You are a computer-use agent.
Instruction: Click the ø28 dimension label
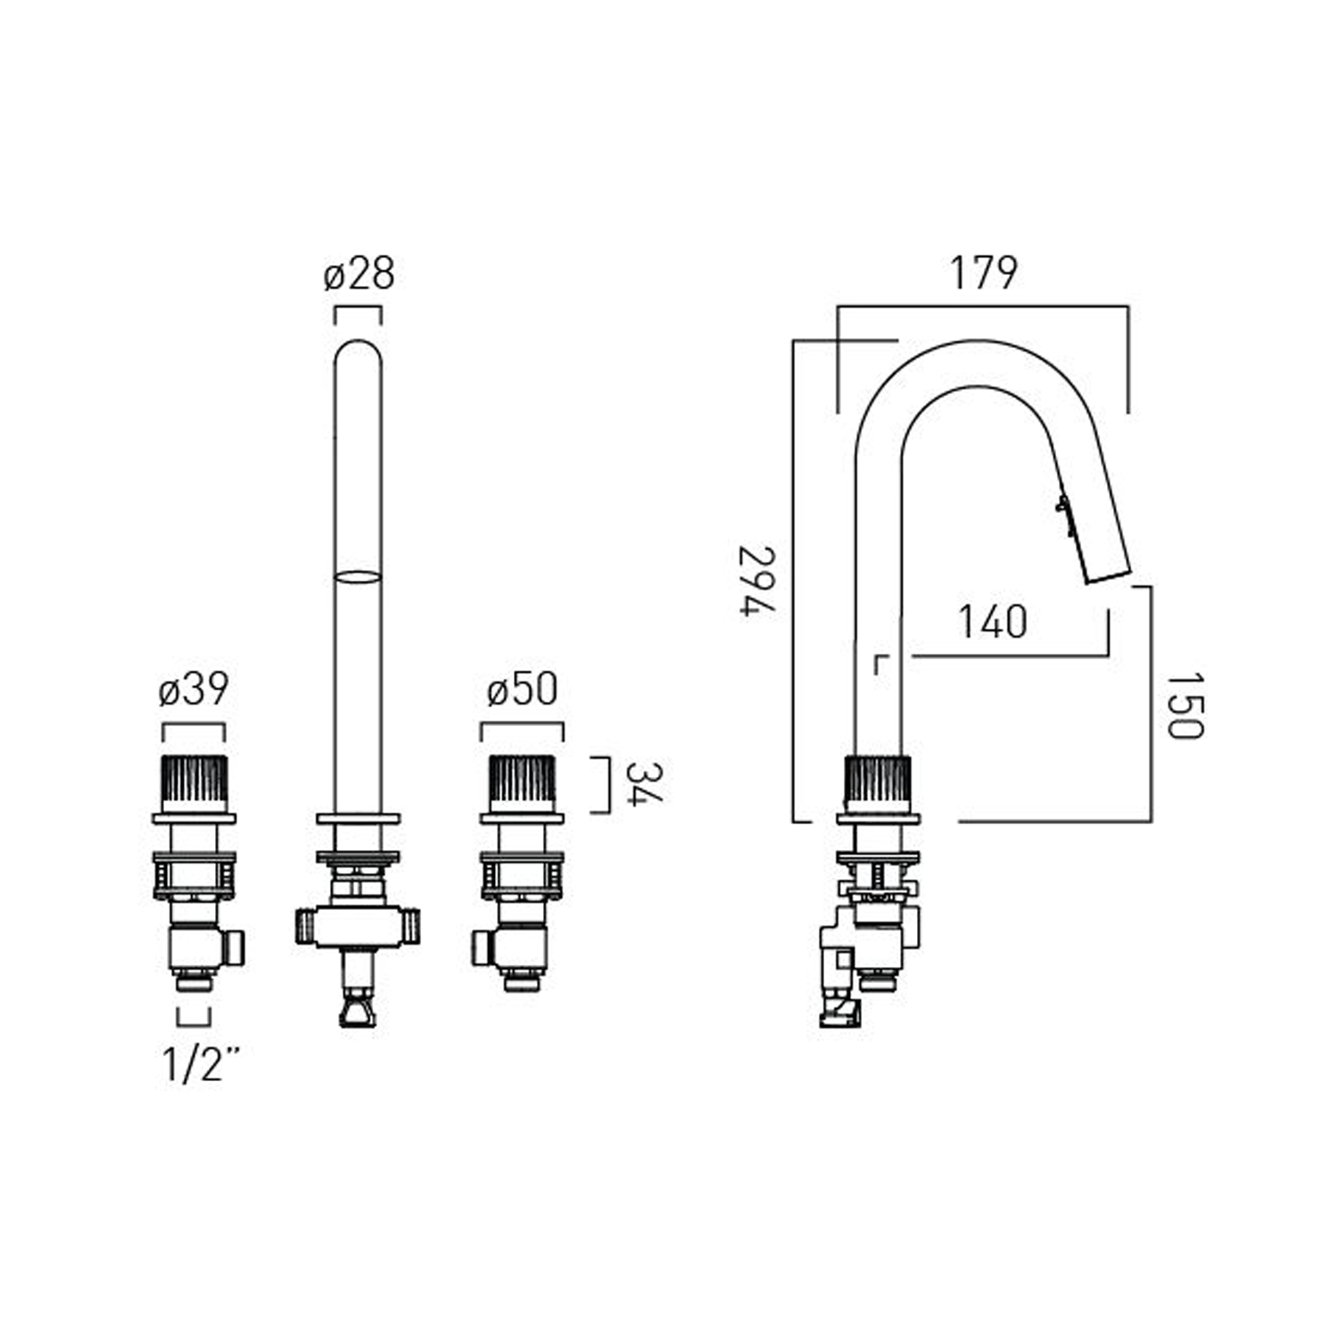coord(359,274)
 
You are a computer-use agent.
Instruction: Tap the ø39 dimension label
coord(194,690)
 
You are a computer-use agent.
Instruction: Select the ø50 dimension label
coord(522,690)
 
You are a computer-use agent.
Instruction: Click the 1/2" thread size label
coord(202,1063)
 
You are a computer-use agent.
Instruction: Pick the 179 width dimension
coord(982,273)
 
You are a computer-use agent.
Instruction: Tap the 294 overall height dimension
coord(757,580)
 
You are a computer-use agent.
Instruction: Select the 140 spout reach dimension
coord(992,621)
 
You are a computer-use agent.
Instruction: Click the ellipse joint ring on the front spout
coord(358,577)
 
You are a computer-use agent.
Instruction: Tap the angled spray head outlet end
coord(1108,576)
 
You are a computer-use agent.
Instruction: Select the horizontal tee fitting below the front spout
coord(358,926)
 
